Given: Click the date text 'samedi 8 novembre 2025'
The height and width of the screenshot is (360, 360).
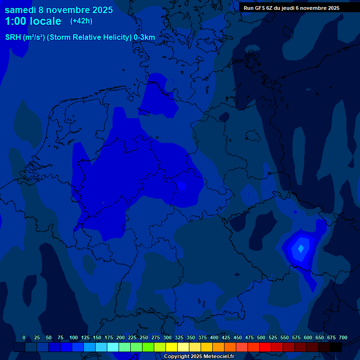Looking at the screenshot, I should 59,10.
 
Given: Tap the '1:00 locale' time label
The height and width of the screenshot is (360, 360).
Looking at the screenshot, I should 33,22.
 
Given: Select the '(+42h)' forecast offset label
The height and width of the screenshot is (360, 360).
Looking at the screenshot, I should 81,21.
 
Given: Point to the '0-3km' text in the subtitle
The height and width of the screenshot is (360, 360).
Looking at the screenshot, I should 144,37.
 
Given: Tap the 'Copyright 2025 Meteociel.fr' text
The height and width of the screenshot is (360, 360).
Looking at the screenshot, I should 199,356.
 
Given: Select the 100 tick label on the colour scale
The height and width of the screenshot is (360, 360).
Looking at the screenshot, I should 74,337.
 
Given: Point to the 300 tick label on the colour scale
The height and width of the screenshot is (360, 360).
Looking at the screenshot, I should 167,337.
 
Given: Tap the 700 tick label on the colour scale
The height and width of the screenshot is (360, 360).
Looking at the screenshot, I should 343,337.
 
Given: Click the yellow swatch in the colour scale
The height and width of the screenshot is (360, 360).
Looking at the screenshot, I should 172,347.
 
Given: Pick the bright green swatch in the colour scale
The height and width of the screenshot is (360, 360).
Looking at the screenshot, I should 148,347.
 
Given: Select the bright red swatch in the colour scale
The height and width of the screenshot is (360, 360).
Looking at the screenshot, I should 265,347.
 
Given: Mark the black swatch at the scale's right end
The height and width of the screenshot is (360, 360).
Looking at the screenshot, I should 336,347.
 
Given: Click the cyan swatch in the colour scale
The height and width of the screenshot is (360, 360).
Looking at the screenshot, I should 113,347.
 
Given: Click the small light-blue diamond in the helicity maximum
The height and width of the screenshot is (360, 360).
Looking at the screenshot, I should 300,248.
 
